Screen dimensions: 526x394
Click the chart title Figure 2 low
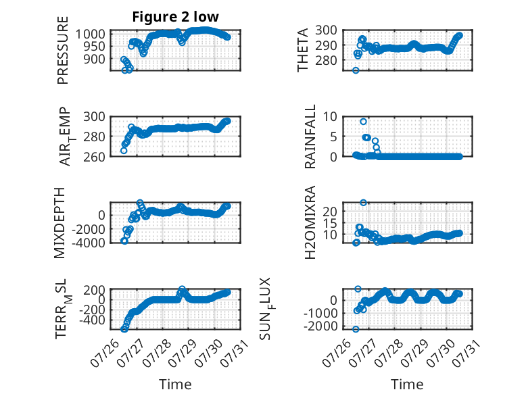[175, 17]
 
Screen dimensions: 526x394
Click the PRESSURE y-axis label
[63, 50]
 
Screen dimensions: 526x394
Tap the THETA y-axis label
[303, 50]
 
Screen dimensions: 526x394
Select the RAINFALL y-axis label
[310, 137]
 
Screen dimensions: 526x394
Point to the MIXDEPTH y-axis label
[59, 222]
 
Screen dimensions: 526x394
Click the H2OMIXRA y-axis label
[310, 222]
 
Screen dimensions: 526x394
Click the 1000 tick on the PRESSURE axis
[90, 34]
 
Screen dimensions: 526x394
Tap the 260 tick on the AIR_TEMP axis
[94, 157]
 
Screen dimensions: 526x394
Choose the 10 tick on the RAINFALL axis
[330, 117]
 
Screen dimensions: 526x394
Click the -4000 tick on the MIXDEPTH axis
[89, 243]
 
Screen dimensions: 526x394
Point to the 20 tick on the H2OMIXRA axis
[330, 212]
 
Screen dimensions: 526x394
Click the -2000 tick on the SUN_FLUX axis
[320, 326]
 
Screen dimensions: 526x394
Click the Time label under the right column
[407, 384]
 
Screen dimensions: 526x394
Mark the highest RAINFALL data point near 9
[363, 122]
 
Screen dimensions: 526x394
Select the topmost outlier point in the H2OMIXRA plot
[363, 203]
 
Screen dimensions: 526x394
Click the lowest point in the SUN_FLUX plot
[356, 329]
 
